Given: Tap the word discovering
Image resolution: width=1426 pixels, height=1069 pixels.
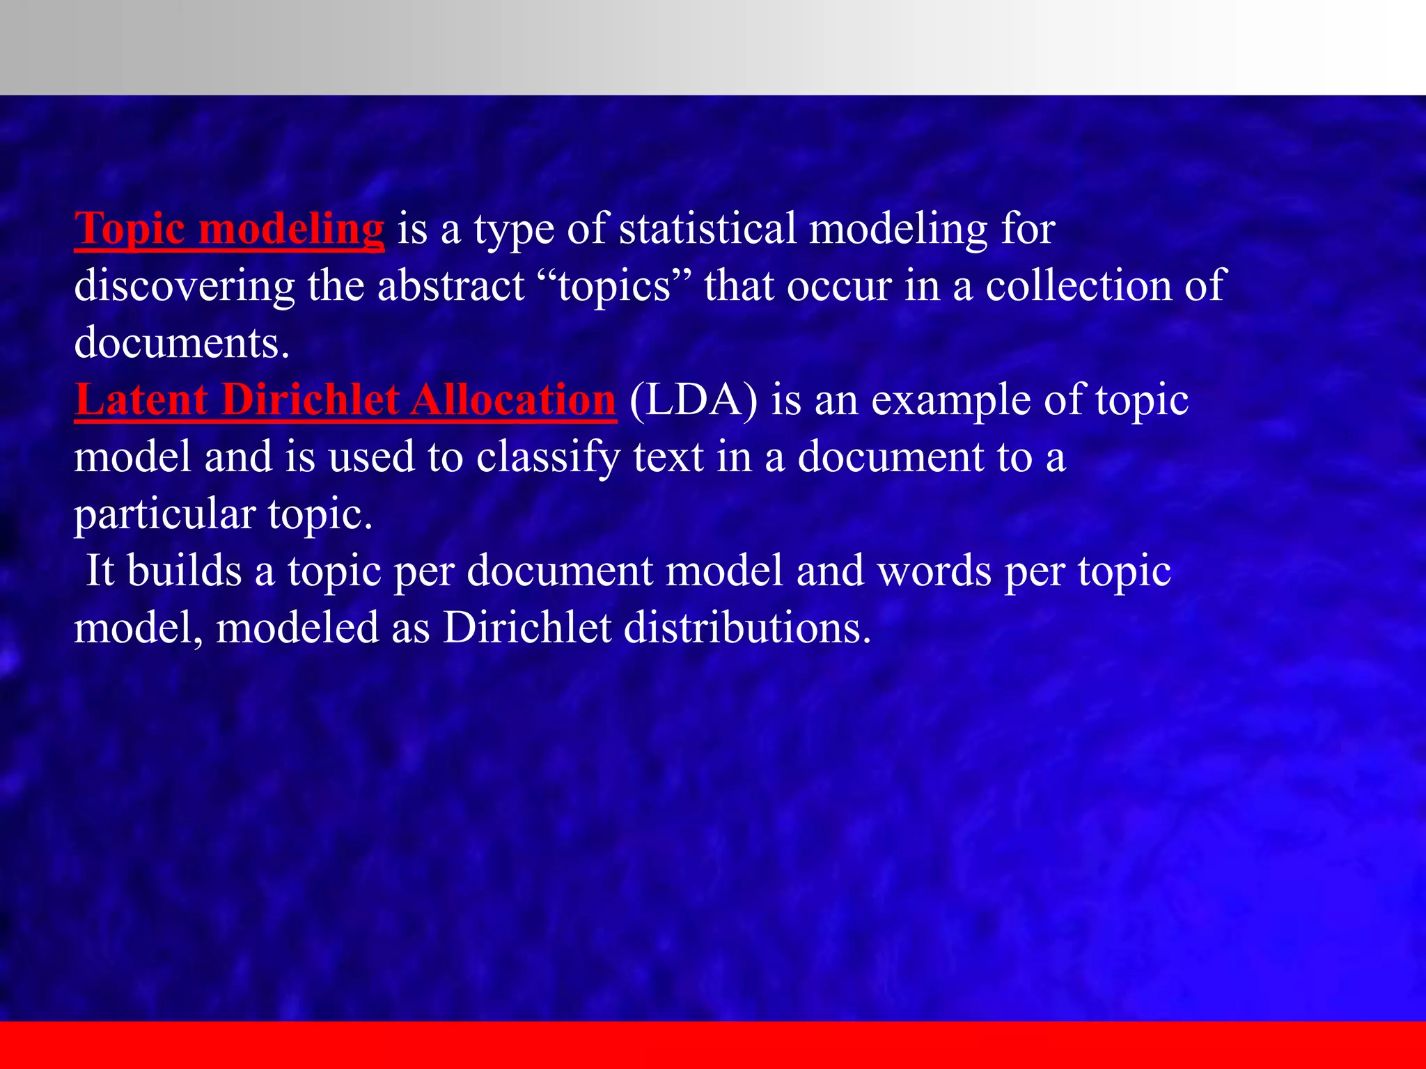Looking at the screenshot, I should coord(185,285).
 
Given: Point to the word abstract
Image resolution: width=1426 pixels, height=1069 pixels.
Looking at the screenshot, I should coord(450,285).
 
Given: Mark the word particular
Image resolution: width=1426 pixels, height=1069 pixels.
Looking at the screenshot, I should coord(165,515).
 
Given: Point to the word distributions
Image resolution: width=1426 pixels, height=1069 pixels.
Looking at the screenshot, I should coord(747,628).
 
